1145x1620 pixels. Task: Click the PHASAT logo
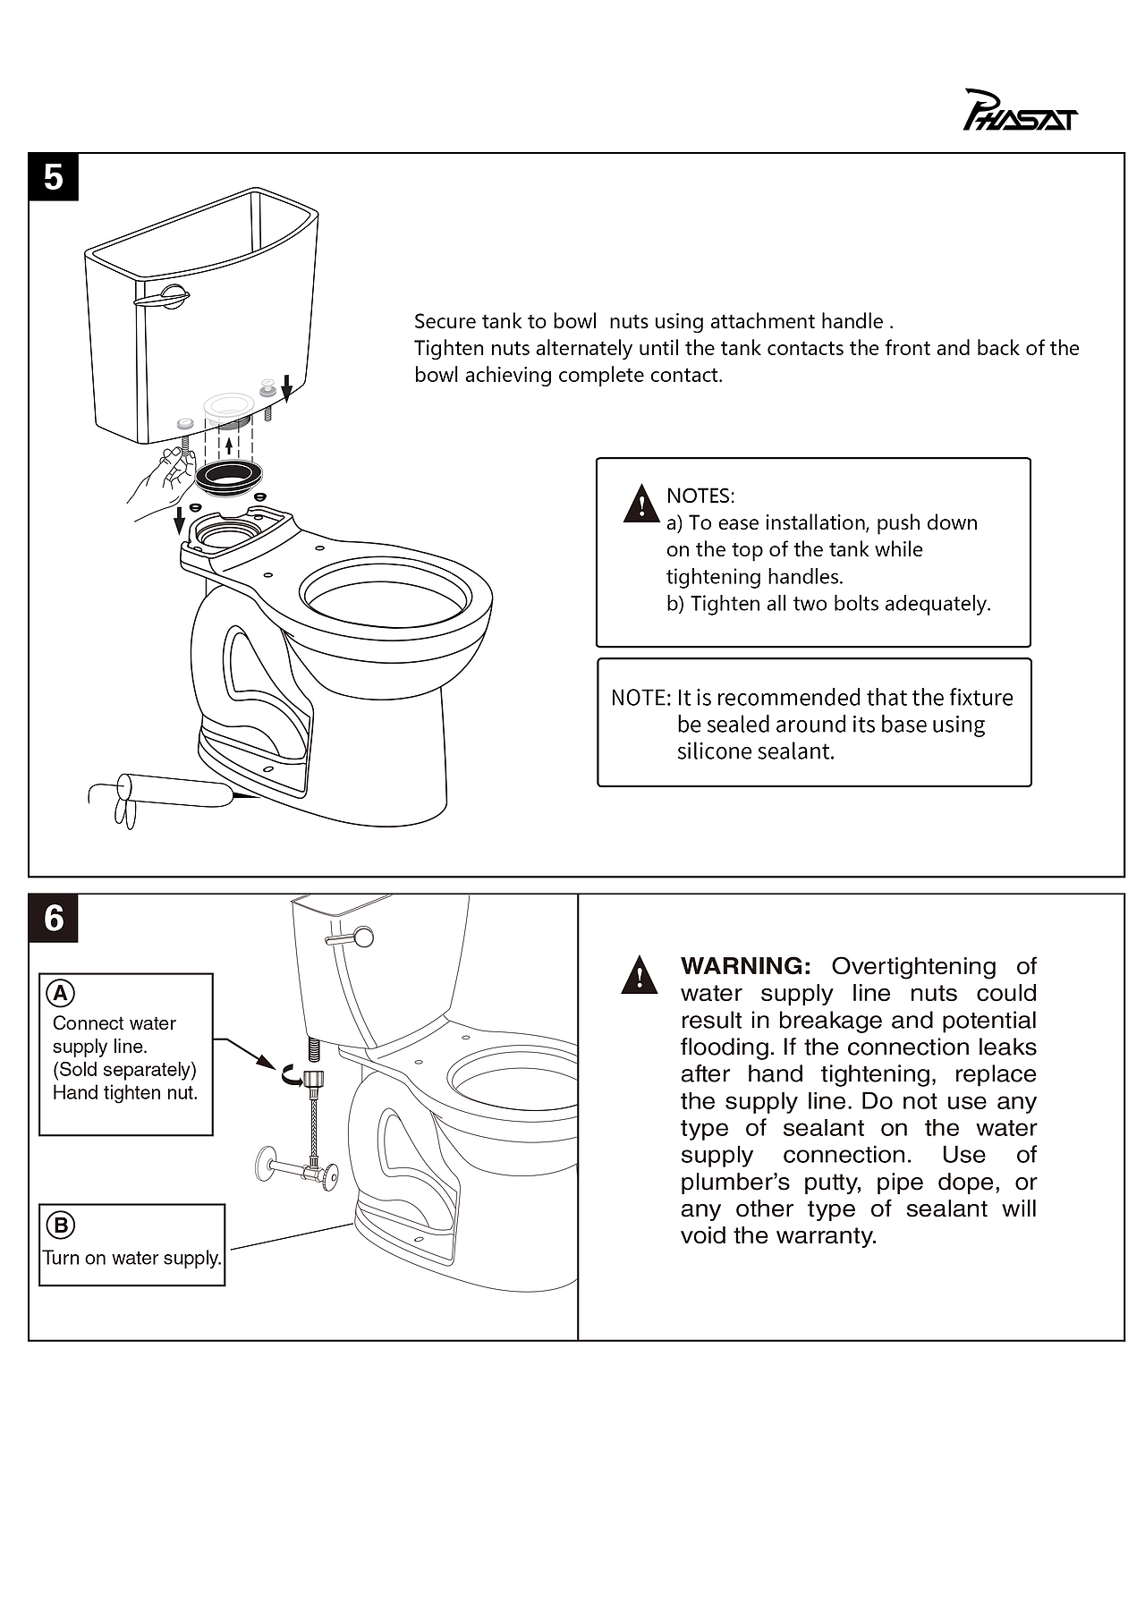coord(1020,111)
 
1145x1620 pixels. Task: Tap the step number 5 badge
coord(54,177)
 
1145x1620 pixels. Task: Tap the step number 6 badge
coord(54,918)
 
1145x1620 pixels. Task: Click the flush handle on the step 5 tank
coord(163,298)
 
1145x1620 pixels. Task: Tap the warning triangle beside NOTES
coord(641,503)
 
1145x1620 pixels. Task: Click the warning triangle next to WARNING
coord(640,975)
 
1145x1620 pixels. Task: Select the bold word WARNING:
coord(745,966)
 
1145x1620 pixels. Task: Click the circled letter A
coord(60,993)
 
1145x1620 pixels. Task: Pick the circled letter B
coord(61,1226)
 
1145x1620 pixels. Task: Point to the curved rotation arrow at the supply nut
coord(293,1076)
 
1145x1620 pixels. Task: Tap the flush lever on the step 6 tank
coord(349,937)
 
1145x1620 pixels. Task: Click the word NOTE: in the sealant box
coord(640,698)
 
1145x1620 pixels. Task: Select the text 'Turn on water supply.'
coord(132,1258)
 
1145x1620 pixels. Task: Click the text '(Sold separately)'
coord(124,1070)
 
